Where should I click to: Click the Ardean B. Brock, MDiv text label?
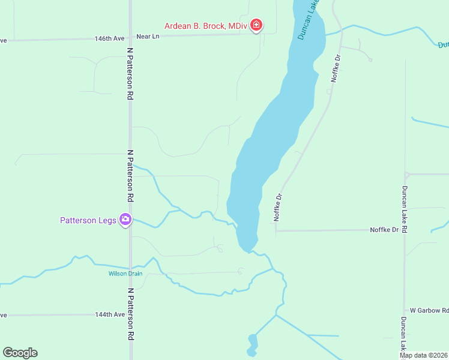pyautogui.click(x=206, y=26)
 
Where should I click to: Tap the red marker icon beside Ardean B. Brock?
pyautogui.click(x=256, y=25)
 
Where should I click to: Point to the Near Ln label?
pyautogui.click(x=148, y=37)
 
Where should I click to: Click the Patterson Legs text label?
pyautogui.click(x=88, y=220)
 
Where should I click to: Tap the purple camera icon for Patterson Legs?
pyautogui.click(x=125, y=220)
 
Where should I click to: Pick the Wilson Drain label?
pyautogui.click(x=125, y=274)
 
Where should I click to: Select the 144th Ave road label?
pyautogui.click(x=110, y=314)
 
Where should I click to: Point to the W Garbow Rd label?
pyautogui.click(x=429, y=310)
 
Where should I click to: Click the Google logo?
pyautogui.click(x=20, y=353)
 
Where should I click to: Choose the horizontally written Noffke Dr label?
pyautogui.click(x=384, y=230)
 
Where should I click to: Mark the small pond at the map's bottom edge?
pyautogui.click(x=253, y=345)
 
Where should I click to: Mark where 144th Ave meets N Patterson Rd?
pyautogui.click(x=130, y=314)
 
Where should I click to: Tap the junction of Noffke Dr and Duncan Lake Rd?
pyautogui.click(x=405, y=230)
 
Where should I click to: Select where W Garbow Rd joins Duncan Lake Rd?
pyautogui.click(x=405, y=310)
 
